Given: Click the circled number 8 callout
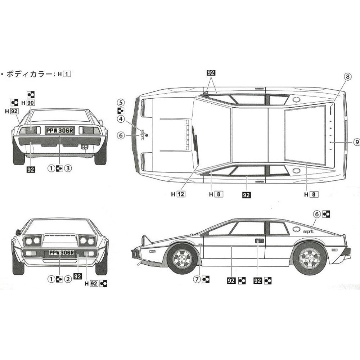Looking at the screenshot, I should coord(347,77).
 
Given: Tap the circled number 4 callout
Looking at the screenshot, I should coord(121,119).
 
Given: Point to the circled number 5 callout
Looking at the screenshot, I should coord(121,103).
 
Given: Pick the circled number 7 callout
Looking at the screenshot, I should coord(197,279).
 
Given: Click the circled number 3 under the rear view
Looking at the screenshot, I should coord(68,168).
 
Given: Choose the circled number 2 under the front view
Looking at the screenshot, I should coord(68,278).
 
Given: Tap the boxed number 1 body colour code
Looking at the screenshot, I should coord(67,75).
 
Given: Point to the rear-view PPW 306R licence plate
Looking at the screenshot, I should coord(59,130).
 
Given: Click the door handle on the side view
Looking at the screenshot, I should coord(259,240).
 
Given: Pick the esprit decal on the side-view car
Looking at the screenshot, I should coord(308,231).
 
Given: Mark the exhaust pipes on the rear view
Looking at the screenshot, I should coord(85,147).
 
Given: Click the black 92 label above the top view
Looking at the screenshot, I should coord(211,72).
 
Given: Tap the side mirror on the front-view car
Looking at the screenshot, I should coord(18,232).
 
